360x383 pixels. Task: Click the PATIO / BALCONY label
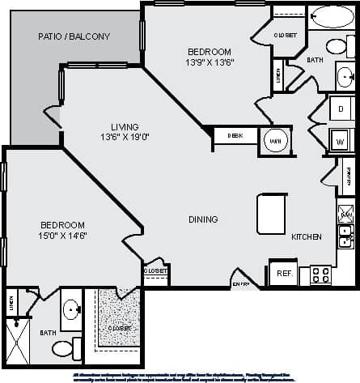coord(74,37)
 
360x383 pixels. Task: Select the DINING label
coord(203,219)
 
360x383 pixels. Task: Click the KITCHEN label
coord(307,236)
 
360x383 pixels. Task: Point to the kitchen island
coord(272,214)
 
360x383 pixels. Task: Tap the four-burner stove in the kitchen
coord(320,275)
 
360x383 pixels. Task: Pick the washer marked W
coord(341,139)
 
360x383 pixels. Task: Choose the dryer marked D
coord(341,107)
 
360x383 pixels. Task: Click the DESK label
coord(235,136)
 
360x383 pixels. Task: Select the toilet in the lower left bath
coord(64,350)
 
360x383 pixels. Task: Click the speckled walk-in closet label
coord(118,328)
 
